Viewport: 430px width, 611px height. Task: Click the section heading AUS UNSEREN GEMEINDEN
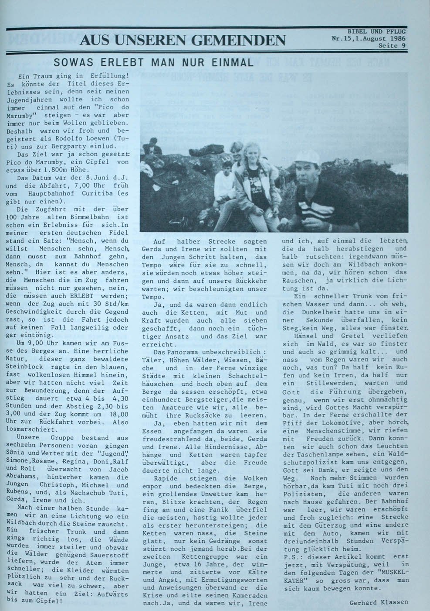pos(183,40)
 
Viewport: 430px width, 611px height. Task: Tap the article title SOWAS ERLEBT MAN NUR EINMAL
pos(153,62)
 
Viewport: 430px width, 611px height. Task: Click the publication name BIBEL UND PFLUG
pos(376,31)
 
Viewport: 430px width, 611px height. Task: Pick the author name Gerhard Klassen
pos(379,602)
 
